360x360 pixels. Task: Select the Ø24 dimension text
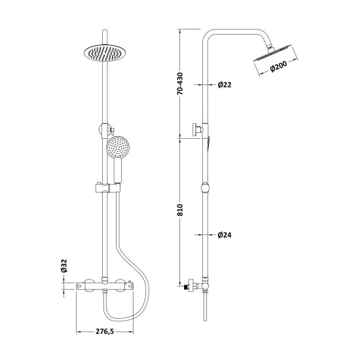[226, 234]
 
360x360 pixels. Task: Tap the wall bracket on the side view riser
[196, 130]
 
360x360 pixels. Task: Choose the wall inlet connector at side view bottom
[191, 285]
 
